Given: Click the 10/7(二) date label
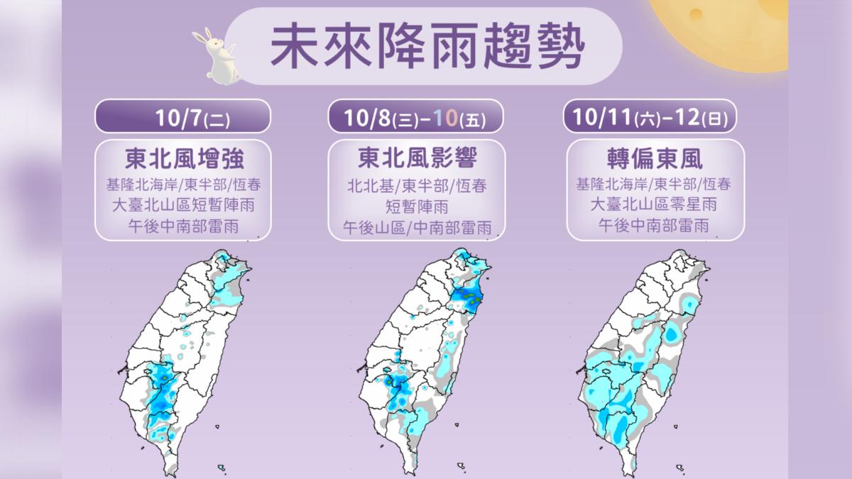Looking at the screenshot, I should pos(182,116).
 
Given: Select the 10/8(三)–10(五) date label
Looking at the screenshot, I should pos(415,116).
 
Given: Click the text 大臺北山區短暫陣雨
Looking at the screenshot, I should pos(182,206).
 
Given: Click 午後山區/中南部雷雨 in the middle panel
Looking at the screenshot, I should pos(416,229).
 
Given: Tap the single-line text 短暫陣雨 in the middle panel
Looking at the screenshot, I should pos(416,207).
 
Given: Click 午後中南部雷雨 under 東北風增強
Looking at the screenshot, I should pos(182,227).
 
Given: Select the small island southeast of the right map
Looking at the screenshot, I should pos(681,466).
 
